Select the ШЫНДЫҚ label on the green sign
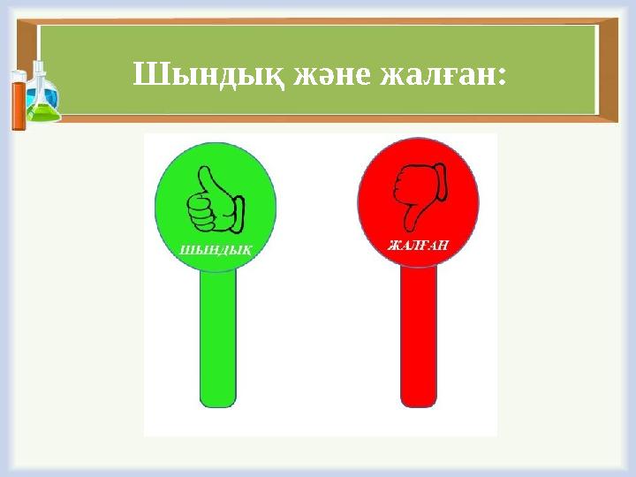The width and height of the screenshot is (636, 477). [216, 248]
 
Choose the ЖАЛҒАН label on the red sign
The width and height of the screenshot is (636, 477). [419, 244]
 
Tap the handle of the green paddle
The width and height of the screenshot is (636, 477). [217, 336]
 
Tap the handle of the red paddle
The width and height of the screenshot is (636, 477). [419, 336]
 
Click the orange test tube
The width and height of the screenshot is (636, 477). [18, 101]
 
